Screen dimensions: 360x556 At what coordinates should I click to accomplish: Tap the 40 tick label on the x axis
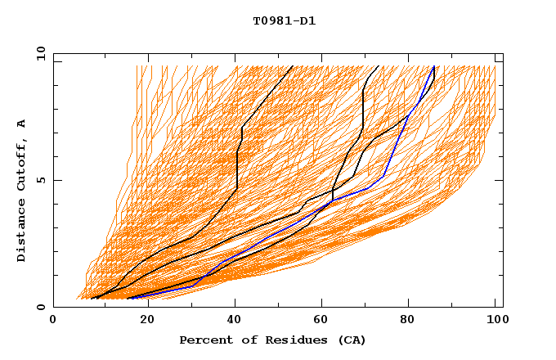tap(235, 320)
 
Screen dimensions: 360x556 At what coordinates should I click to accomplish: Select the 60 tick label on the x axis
tap(324, 320)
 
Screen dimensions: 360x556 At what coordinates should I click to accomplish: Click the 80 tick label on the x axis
tap(412, 320)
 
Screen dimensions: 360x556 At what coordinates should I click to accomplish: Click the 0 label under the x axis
tap(54, 320)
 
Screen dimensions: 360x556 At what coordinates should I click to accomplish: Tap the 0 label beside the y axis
tap(41, 308)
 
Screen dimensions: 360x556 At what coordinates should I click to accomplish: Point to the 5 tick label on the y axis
tap(41, 180)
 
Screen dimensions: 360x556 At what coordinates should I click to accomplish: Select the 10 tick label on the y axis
tap(38, 53)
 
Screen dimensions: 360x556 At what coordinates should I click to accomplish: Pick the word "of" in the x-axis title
tap(242, 340)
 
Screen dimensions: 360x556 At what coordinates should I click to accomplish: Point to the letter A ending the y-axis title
tap(22, 123)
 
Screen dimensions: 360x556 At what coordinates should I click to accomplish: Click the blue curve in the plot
tap(383, 177)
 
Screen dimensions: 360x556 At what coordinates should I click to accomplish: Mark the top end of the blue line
tap(434, 67)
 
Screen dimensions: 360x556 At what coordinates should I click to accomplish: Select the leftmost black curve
tap(237, 164)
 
